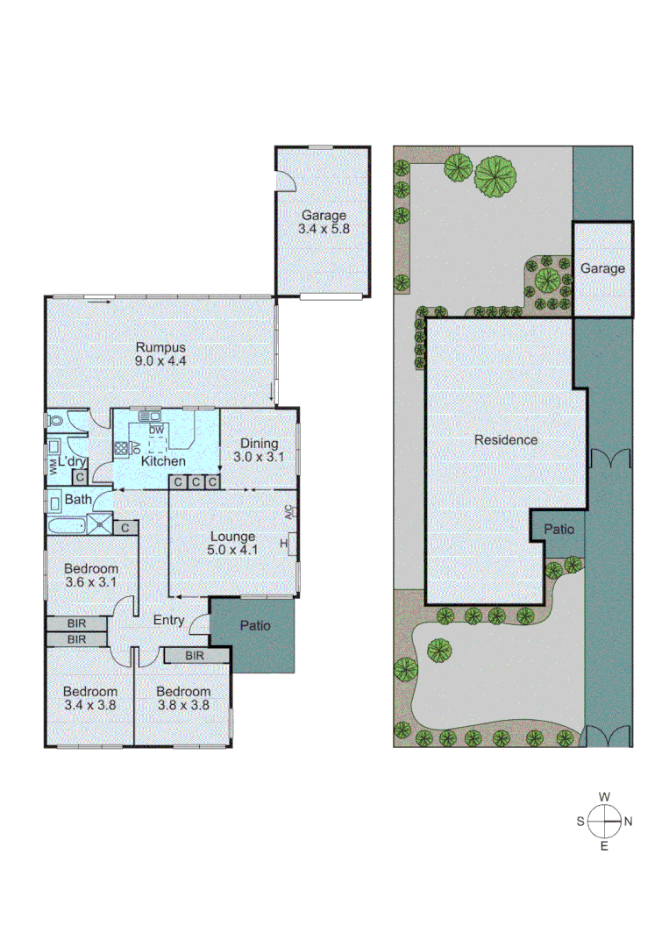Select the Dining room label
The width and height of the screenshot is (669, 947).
pos(255,444)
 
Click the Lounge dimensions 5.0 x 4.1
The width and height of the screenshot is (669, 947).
pos(232,551)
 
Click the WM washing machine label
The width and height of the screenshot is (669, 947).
pos(54,466)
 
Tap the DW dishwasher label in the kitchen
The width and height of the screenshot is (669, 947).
pos(156,430)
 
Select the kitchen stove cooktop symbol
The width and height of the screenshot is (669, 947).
pos(121,447)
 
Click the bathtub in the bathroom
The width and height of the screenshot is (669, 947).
pos(67,526)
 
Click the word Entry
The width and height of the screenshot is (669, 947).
pos(168,621)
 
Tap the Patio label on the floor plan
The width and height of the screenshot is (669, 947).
pos(254,626)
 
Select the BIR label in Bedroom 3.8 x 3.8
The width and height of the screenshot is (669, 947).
pos(195,656)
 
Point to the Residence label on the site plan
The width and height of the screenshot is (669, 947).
pos(506,440)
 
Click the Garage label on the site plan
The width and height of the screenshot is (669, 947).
pos(602,268)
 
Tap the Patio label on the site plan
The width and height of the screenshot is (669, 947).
pos(559,530)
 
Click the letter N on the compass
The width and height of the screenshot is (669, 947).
pos(628,822)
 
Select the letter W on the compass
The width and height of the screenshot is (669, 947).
pos(604,796)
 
